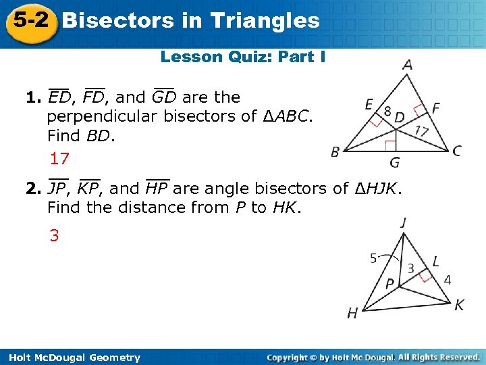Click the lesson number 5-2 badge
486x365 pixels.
[x=28, y=21]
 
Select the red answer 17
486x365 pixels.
[x=59, y=159]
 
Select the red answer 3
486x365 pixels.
[x=53, y=236]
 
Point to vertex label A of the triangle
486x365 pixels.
[x=407, y=66]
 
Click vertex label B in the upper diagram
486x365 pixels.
[x=335, y=151]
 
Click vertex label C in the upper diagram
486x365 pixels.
[x=457, y=150]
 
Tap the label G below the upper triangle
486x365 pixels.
[x=394, y=163]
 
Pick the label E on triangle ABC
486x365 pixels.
[x=369, y=104]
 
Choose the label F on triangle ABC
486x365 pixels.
[x=435, y=107]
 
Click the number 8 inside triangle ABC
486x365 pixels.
[x=387, y=110]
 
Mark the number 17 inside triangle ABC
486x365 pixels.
[x=422, y=130]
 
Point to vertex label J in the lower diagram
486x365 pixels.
[x=402, y=222]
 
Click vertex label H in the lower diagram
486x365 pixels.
[x=352, y=312]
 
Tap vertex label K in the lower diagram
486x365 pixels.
[x=459, y=306]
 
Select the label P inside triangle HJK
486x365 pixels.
[x=390, y=285]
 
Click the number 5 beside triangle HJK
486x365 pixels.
[x=373, y=258]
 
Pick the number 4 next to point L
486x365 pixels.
[x=447, y=279]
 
